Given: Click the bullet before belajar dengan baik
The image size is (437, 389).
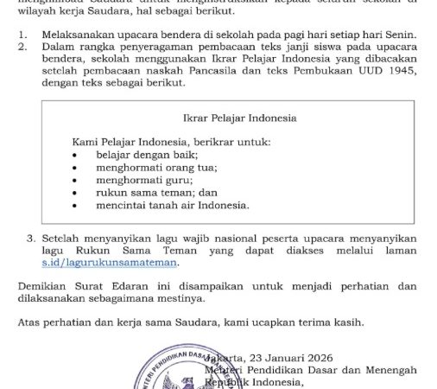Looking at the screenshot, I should [76, 154].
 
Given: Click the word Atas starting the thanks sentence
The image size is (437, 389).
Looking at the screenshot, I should [28, 322].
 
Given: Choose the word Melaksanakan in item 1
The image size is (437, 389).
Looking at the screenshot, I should [79, 34].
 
